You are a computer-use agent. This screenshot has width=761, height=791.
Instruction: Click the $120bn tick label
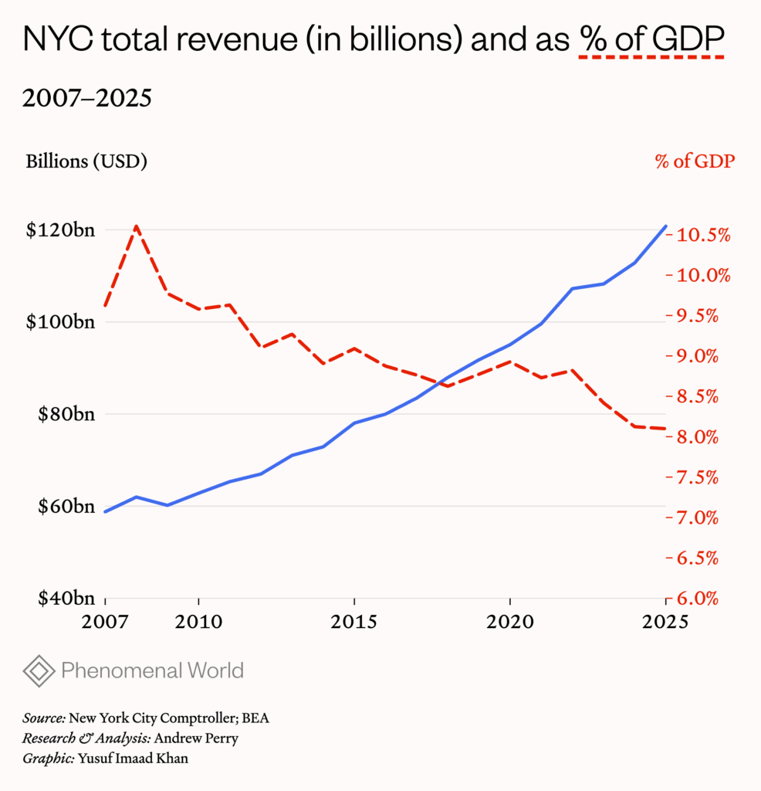coord(59,230)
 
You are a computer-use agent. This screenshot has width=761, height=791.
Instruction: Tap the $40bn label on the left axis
coord(61,598)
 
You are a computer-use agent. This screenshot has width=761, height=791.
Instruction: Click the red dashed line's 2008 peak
coord(137,226)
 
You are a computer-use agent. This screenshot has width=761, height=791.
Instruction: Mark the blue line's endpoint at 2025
coord(666,226)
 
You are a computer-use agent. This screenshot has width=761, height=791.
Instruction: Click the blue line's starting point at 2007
coord(106,511)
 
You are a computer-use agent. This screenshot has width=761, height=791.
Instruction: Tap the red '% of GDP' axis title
coord(695,161)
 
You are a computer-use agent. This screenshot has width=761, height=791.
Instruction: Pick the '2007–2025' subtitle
coord(86,99)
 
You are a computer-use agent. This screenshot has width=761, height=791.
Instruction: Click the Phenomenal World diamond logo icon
coord(39,670)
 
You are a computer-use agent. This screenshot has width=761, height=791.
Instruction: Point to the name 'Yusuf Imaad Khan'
coord(133,758)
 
